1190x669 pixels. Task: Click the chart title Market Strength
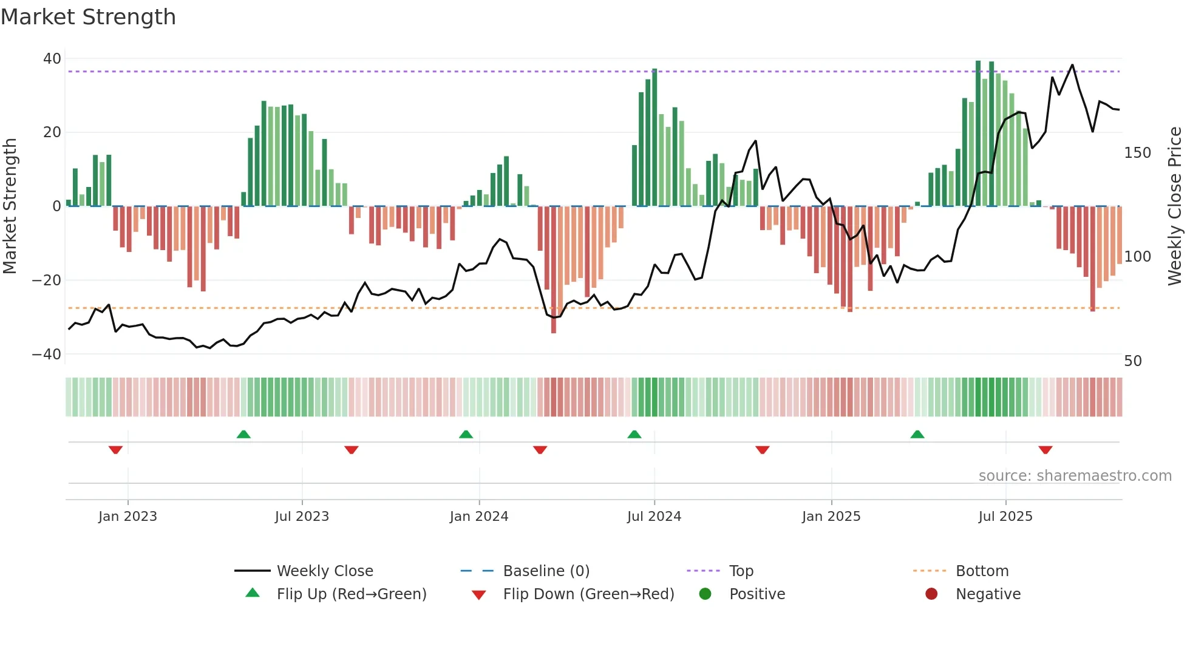coord(88,17)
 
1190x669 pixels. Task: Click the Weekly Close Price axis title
coord(1175,206)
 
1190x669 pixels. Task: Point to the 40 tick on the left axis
coord(52,59)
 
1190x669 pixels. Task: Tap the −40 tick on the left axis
coord(47,354)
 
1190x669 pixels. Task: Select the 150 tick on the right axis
coord(1137,153)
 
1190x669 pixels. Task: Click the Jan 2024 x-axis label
coord(479,517)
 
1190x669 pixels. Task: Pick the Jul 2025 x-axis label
coord(1005,517)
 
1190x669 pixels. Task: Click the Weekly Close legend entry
coord(325,571)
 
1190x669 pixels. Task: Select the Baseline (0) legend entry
coord(546,571)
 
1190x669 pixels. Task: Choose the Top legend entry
coord(741,571)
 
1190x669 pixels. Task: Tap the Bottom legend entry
coord(982,571)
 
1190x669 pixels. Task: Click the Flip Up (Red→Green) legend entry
coord(352,594)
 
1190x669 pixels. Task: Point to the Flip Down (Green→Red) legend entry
coord(588,594)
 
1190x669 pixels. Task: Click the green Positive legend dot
coord(705,594)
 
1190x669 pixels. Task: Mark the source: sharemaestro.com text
coord(1075,476)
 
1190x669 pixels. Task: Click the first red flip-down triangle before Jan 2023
coord(115,450)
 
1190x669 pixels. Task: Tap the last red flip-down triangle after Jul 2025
coord(1045,450)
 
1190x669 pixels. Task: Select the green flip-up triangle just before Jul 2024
coord(634,434)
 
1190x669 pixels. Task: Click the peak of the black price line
coord(1072,65)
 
